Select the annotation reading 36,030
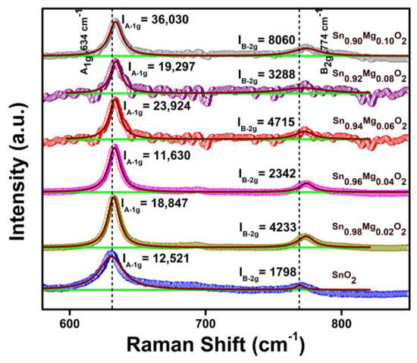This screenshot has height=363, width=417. (x=155, y=16)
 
